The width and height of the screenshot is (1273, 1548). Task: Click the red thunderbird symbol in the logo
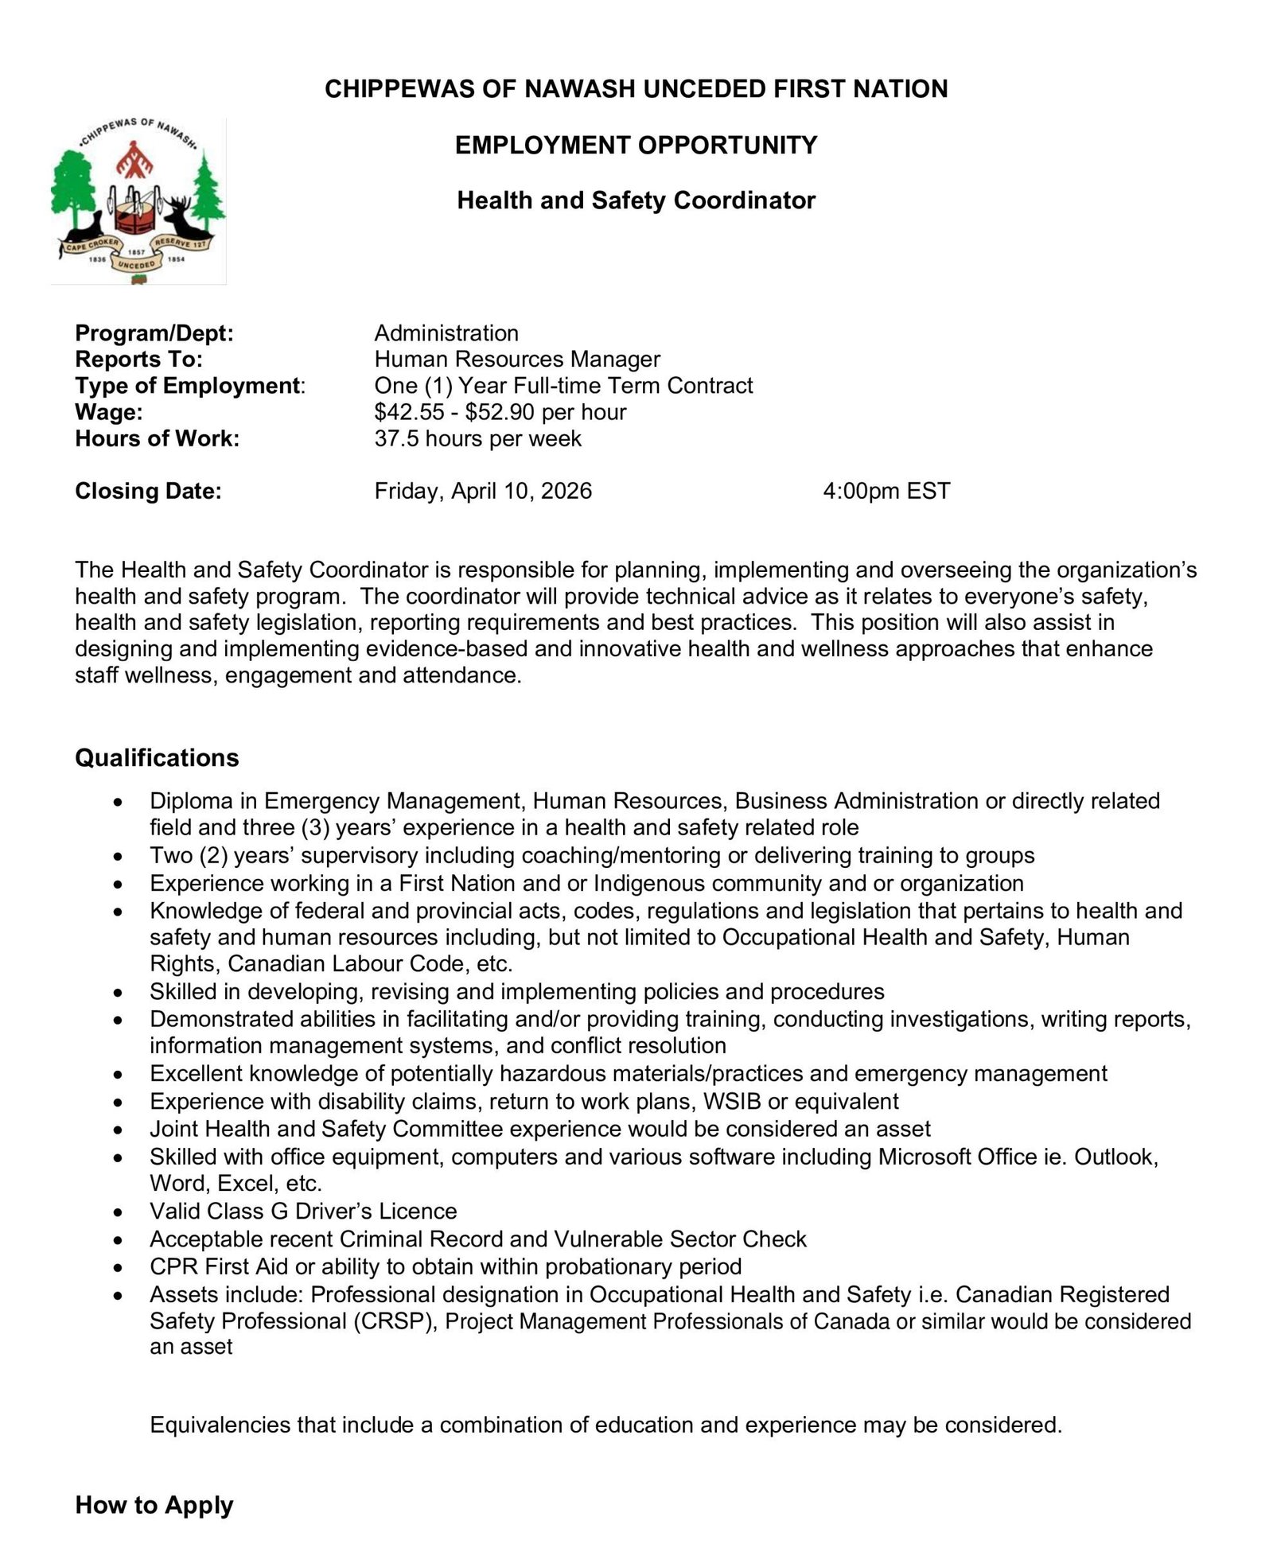[138, 161]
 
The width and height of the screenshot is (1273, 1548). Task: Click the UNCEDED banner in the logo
[136, 264]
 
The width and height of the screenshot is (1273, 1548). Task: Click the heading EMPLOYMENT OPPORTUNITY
[636, 146]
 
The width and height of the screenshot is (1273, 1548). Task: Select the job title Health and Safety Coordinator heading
[636, 200]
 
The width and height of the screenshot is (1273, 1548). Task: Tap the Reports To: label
[138, 360]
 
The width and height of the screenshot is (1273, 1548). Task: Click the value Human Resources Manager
[517, 360]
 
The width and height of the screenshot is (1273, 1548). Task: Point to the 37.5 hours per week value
[477, 439]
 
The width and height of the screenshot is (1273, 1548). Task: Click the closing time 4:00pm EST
[886, 491]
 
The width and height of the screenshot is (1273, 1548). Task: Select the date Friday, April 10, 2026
[483, 491]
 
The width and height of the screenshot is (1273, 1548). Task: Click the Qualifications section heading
[157, 758]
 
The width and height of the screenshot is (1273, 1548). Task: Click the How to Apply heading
[154, 1505]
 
